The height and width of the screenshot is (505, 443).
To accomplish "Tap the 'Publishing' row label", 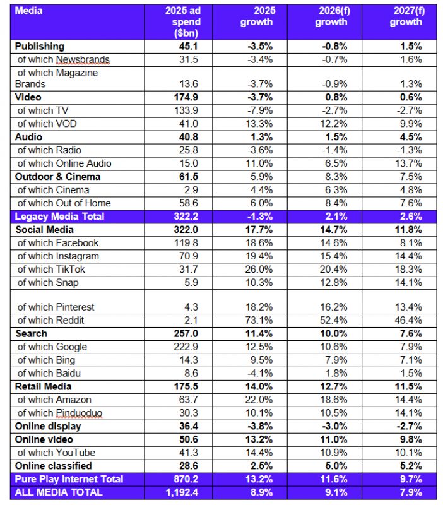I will [40, 46].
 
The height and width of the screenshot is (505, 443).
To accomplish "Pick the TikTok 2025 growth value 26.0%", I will [260, 270].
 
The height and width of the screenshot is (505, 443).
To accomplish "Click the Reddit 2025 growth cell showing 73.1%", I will [260, 320].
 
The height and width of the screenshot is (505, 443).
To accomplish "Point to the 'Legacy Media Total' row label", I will [59, 217].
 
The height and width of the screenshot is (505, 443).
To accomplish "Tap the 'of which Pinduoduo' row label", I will [60, 413].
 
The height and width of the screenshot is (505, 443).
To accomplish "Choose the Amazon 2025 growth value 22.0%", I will [260, 400].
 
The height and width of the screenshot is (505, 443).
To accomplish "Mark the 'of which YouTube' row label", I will [56, 453].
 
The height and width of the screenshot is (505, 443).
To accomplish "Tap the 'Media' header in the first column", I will [28, 11].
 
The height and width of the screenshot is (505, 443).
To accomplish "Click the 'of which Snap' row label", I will [48, 283].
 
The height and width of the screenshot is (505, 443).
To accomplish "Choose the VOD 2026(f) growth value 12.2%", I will [334, 124].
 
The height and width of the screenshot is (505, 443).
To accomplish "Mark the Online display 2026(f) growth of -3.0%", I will [334, 426].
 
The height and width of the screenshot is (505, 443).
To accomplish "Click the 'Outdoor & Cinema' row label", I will [57, 177].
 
